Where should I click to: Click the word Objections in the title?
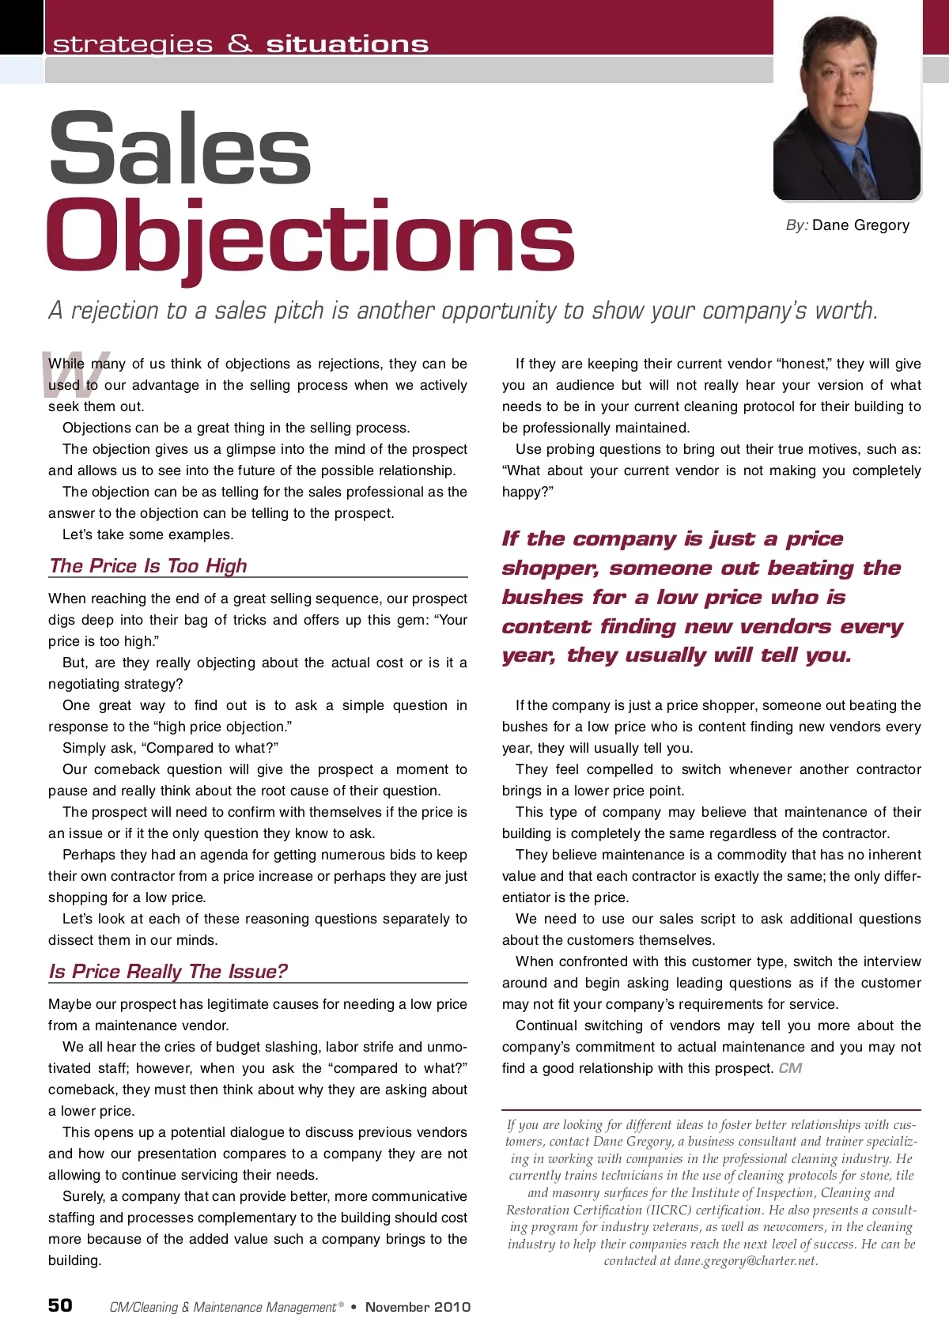click(310, 236)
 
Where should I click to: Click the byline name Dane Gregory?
click(860, 225)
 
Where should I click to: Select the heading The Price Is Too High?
click(148, 566)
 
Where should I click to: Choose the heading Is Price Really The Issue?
click(168, 972)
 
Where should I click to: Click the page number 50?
click(60, 1305)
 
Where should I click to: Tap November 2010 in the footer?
click(418, 1307)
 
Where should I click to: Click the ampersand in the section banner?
click(240, 43)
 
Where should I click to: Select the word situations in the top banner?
click(347, 44)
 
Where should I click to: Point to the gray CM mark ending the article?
click(790, 1068)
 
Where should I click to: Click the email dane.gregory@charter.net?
click(745, 1261)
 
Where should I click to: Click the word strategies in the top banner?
click(133, 44)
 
